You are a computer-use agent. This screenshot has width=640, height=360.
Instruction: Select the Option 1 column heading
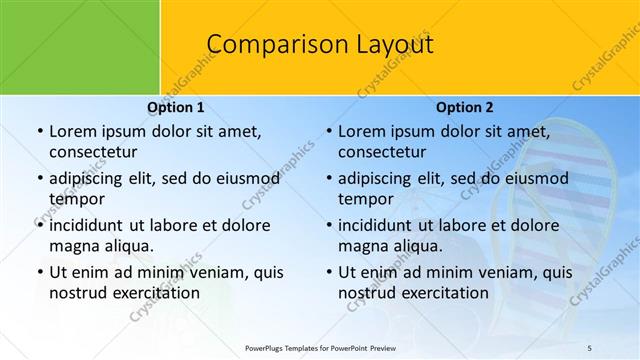[x=175, y=107]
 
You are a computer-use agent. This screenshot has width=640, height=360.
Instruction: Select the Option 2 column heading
[x=465, y=107]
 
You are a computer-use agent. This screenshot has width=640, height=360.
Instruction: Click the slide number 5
[x=589, y=347]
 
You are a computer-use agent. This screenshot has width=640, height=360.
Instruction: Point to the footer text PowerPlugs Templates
[x=290, y=347]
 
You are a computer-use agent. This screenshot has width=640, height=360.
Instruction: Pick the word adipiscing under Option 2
[x=380, y=178]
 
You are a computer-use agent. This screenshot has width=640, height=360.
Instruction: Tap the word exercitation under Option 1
[x=155, y=293]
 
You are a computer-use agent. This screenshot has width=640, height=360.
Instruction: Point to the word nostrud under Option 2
[x=367, y=293]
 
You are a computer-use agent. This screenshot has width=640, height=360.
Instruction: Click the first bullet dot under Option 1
[x=39, y=131]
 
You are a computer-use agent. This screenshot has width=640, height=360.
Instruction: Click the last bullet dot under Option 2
[x=329, y=272]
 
